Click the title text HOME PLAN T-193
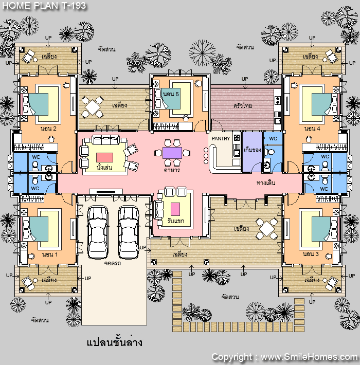click(x=44, y=5)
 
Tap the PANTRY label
click(x=221, y=138)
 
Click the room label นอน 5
click(x=171, y=94)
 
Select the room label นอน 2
click(x=48, y=129)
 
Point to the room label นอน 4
click(x=312, y=129)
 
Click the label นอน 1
click(x=50, y=254)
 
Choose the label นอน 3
click(x=311, y=254)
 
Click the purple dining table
click(x=172, y=153)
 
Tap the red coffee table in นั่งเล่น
click(x=104, y=157)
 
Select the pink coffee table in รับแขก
click(x=175, y=209)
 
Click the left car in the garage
click(x=98, y=232)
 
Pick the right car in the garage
click(x=128, y=232)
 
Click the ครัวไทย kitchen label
click(x=243, y=105)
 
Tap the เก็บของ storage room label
click(x=253, y=150)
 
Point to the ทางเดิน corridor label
click(x=266, y=182)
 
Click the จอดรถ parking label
click(x=113, y=263)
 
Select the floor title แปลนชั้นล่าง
click(x=114, y=342)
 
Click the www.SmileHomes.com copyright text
click(x=309, y=357)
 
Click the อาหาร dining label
click(x=172, y=170)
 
